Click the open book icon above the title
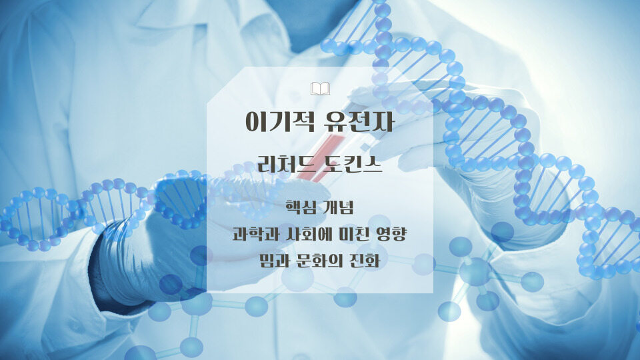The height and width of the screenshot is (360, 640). point(320,88)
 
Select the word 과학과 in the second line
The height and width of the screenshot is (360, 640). point(252,235)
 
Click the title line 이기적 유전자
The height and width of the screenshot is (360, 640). point(320,122)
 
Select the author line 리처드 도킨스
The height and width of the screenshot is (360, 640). point(320,165)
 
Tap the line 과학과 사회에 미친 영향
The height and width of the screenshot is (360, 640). point(320,235)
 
